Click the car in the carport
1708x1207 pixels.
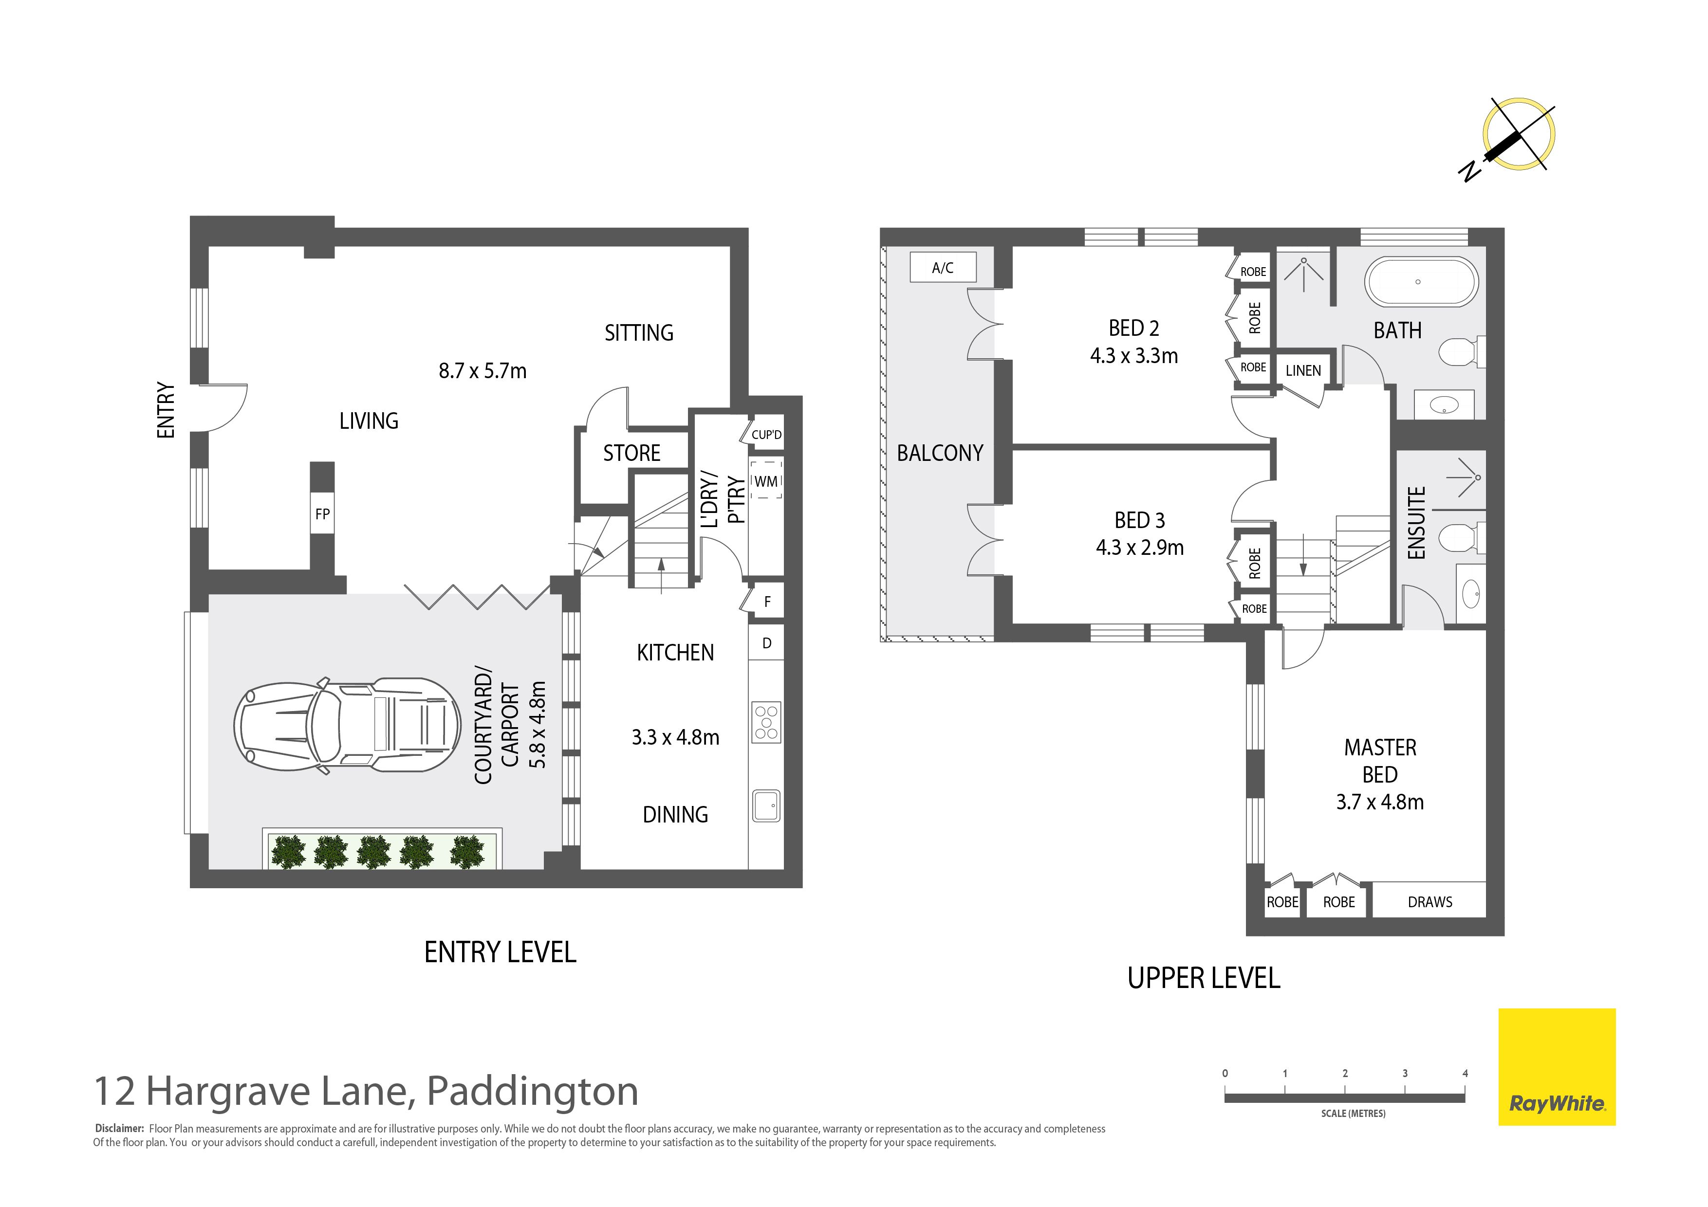(x=348, y=726)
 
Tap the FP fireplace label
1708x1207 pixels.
(x=322, y=514)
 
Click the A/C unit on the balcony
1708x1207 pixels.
(x=943, y=268)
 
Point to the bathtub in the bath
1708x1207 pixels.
(x=1421, y=282)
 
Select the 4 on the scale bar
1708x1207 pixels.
(x=1465, y=1073)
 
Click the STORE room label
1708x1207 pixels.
(x=631, y=453)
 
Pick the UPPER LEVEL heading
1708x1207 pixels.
(x=1204, y=978)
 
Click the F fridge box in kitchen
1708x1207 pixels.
(x=766, y=601)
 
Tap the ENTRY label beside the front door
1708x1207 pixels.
(x=166, y=410)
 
